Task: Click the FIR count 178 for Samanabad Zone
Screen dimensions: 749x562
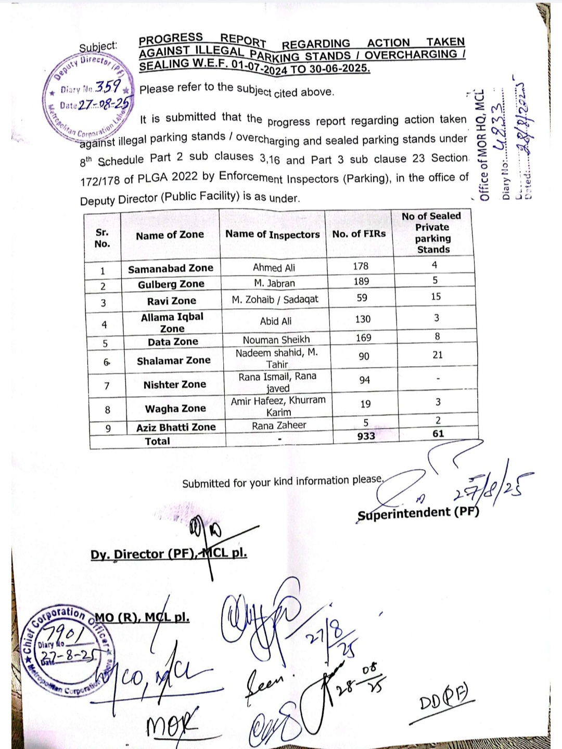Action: [x=361, y=266]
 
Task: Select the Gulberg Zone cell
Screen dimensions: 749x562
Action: [x=171, y=284]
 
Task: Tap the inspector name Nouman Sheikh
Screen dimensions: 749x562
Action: [x=276, y=340]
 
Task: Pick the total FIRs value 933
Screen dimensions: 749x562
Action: [x=366, y=436]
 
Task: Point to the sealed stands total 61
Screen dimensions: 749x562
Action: [x=438, y=434]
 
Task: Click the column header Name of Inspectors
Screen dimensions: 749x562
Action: [x=273, y=235]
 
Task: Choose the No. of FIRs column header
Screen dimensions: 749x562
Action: [x=359, y=234]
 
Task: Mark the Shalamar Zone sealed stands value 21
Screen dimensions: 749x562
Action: [x=438, y=355]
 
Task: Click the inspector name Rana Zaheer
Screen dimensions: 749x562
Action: [x=279, y=425]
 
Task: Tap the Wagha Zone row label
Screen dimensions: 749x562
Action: [x=175, y=409]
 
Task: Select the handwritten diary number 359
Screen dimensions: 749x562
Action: [x=108, y=86]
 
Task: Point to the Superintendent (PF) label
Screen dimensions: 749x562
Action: [x=418, y=513]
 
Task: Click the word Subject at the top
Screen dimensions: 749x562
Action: [x=98, y=47]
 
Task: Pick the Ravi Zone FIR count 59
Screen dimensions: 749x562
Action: [x=362, y=298]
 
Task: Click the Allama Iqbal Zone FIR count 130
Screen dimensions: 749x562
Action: [x=363, y=319]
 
